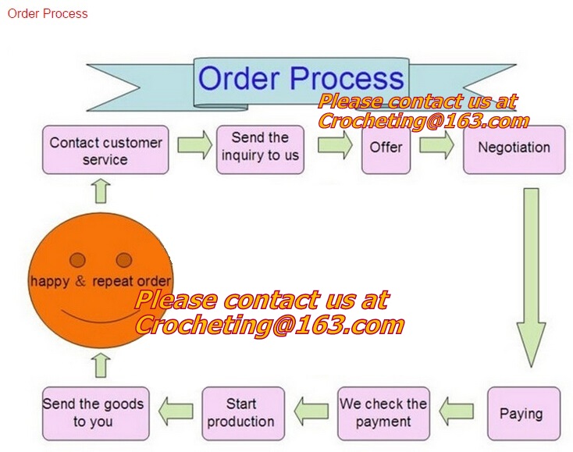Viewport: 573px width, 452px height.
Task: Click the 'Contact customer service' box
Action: pos(105,150)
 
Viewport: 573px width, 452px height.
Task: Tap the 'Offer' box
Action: pos(386,148)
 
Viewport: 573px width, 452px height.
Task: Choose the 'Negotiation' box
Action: pos(514,148)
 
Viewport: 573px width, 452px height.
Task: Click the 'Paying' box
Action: pos(520,414)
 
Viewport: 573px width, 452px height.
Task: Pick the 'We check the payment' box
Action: pos(383,413)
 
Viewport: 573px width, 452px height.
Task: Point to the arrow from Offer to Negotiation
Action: pos(436,144)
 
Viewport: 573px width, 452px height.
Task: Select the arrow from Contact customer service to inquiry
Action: pos(194,144)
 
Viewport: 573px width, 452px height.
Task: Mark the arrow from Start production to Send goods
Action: pos(176,409)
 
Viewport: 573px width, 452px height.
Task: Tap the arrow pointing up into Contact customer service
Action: pos(102,190)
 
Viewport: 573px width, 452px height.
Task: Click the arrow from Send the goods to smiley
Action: pos(102,365)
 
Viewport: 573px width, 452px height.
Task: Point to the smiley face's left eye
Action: pos(77,259)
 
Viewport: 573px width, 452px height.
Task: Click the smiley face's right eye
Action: pos(124,259)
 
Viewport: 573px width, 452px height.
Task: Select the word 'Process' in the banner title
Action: pos(347,78)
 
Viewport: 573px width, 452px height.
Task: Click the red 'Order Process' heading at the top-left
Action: pos(47,13)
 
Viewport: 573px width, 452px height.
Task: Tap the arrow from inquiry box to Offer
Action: pos(335,144)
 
